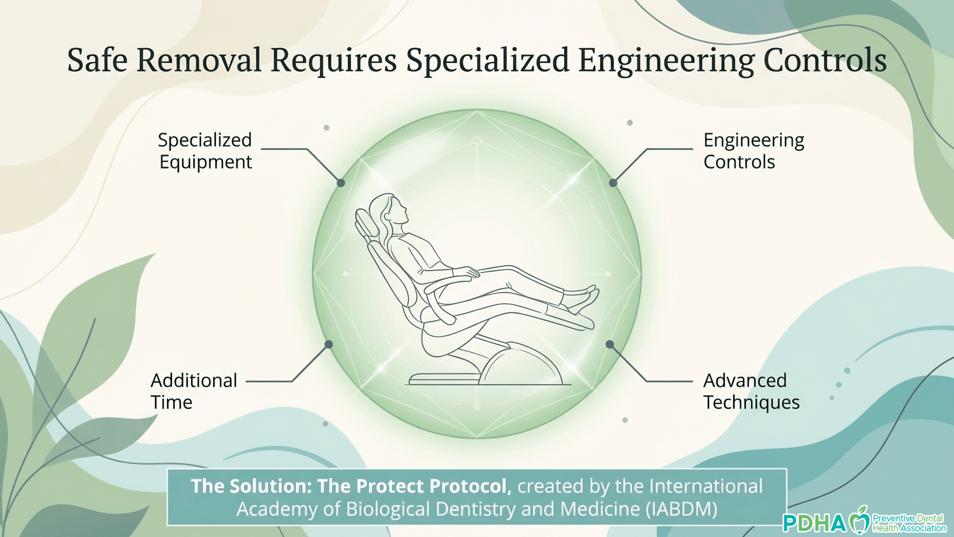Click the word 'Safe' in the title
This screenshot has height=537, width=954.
pyautogui.click(x=97, y=60)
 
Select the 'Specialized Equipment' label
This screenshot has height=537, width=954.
pyautogui.click(x=205, y=151)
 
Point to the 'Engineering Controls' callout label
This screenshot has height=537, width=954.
pyautogui.click(x=754, y=151)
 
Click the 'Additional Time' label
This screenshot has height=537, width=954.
pyautogui.click(x=194, y=391)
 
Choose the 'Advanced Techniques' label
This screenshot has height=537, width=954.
pyautogui.click(x=751, y=392)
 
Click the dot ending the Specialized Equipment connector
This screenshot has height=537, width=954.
pyautogui.click(x=341, y=183)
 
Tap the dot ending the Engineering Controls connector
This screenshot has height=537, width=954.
pyautogui.click(x=613, y=183)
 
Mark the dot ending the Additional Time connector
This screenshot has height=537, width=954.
pyautogui.click(x=329, y=344)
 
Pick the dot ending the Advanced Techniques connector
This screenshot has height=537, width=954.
pyautogui.click(x=610, y=344)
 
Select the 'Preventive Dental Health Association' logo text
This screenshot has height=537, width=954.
pyautogui.click(x=909, y=523)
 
